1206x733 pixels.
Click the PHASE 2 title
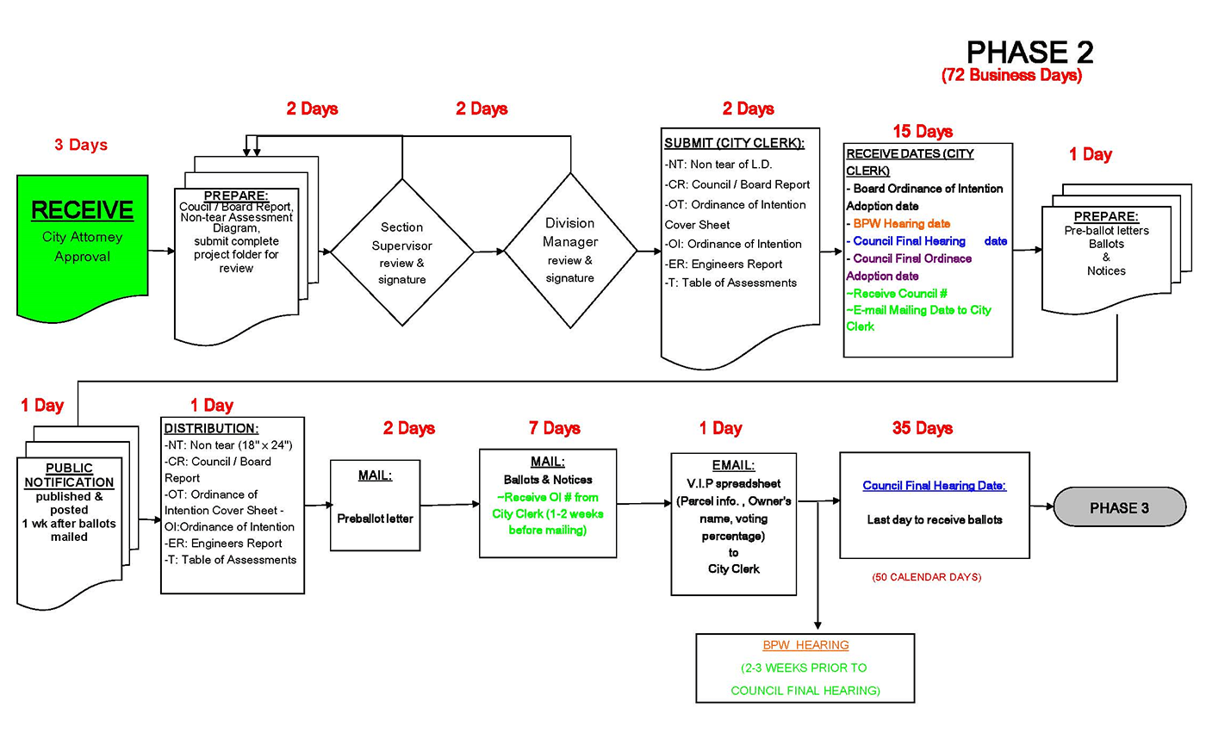[x=1029, y=52]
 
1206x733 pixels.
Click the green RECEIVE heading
[x=83, y=209]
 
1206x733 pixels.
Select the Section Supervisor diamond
[x=402, y=252]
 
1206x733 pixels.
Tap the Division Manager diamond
[x=570, y=251]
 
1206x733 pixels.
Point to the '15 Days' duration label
[x=923, y=132]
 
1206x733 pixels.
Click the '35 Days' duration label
[x=923, y=428]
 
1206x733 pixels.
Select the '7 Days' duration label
[x=555, y=428]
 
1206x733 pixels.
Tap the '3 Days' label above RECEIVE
[x=81, y=145]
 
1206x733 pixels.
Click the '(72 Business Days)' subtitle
[x=1011, y=76]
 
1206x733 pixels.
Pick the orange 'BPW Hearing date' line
[x=901, y=223]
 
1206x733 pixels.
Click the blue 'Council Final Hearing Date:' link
[x=934, y=486]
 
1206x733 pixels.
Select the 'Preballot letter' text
[x=375, y=519]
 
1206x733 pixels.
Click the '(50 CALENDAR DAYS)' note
[x=926, y=577]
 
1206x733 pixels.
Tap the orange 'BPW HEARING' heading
[x=805, y=645]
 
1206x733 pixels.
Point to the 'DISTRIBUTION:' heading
[x=211, y=428]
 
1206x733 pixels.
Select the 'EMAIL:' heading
[x=733, y=465]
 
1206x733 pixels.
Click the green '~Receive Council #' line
[x=897, y=294]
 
